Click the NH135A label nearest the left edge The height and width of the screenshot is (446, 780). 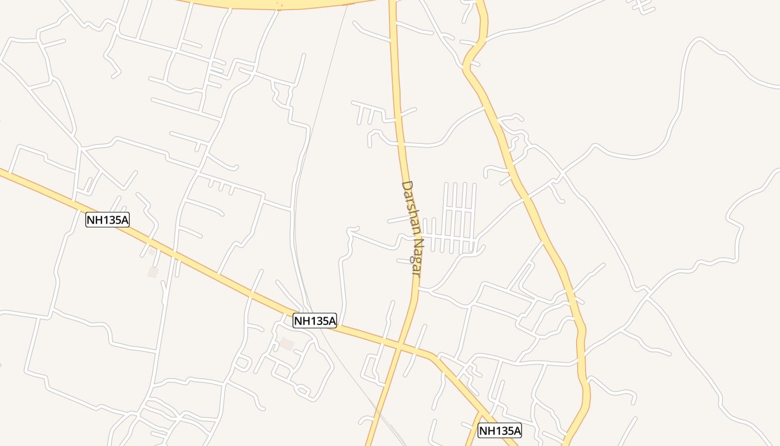point(108,220)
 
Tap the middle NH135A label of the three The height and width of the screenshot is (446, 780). point(315,321)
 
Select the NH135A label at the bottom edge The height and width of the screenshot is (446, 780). point(500,430)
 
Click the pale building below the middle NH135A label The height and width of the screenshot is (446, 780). point(287,344)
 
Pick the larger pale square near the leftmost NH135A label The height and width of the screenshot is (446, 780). point(153,272)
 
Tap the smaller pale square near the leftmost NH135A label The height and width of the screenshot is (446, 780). point(152,252)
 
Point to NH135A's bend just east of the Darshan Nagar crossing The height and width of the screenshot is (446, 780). point(432,356)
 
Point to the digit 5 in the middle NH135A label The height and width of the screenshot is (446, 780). point(321,321)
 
